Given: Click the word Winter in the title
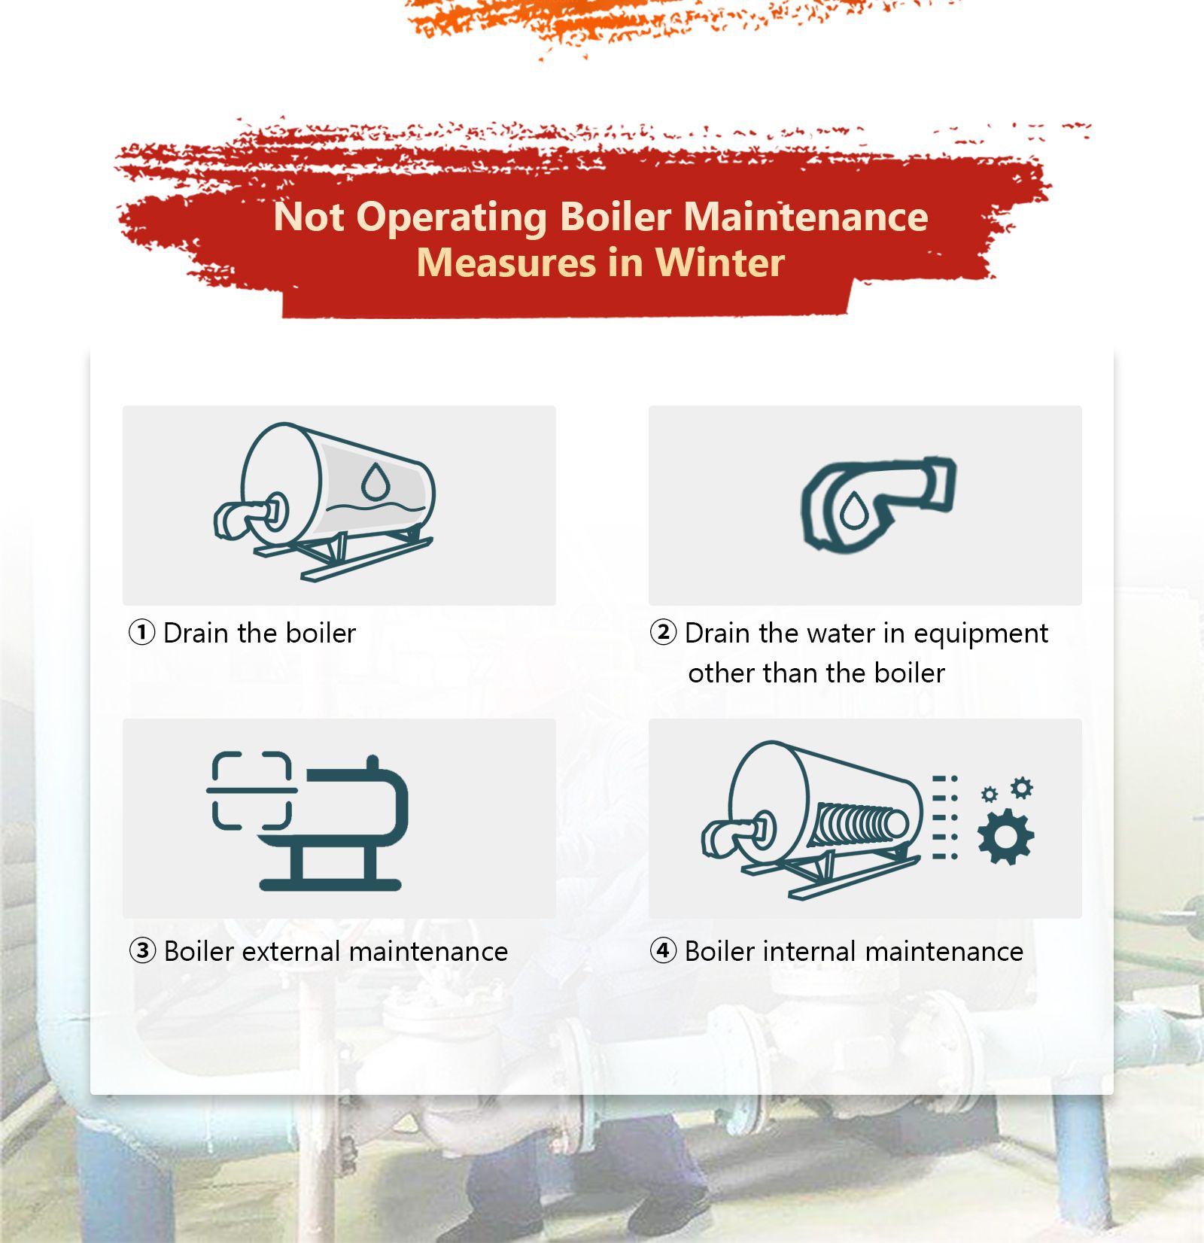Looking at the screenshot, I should (x=719, y=263).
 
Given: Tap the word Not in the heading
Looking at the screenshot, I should (x=309, y=217).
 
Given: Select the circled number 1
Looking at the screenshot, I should (x=141, y=632).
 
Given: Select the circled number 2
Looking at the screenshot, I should (x=663, y=632).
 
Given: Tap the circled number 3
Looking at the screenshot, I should (x=142, y=951).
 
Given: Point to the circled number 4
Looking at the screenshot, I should (x=663, y=951).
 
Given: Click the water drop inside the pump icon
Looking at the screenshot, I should (x=853, y=511).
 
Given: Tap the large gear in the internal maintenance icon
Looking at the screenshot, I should (x=1005, y=837).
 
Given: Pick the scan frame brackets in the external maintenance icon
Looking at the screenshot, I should (x=251, y=790).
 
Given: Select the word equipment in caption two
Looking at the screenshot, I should (x=980, y=634).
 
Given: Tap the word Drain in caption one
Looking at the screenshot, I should (x=196, y=634).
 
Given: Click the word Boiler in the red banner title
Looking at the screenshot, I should (x=615, y=217).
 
